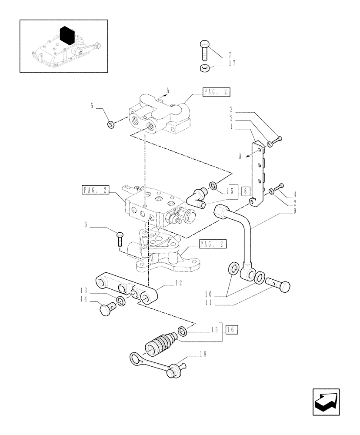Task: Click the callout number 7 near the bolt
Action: tap(230, 55)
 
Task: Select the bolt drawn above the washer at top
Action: tap(205, 50)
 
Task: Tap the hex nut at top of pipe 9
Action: tap(222, 212)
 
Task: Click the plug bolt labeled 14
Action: tap(106, 310)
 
